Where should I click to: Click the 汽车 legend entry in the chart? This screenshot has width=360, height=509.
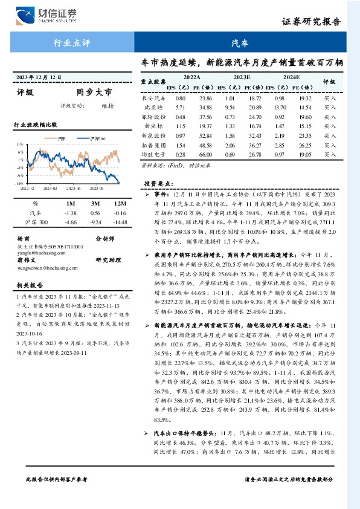click(63, 138)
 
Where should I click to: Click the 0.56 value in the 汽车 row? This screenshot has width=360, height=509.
click(95, 213)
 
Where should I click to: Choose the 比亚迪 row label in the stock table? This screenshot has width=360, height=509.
click(153, 106)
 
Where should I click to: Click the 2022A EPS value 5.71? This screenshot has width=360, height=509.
click(180, 106)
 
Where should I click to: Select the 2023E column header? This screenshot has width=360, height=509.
click(242, 77)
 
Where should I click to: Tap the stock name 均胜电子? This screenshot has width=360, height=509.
click(153, 155)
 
